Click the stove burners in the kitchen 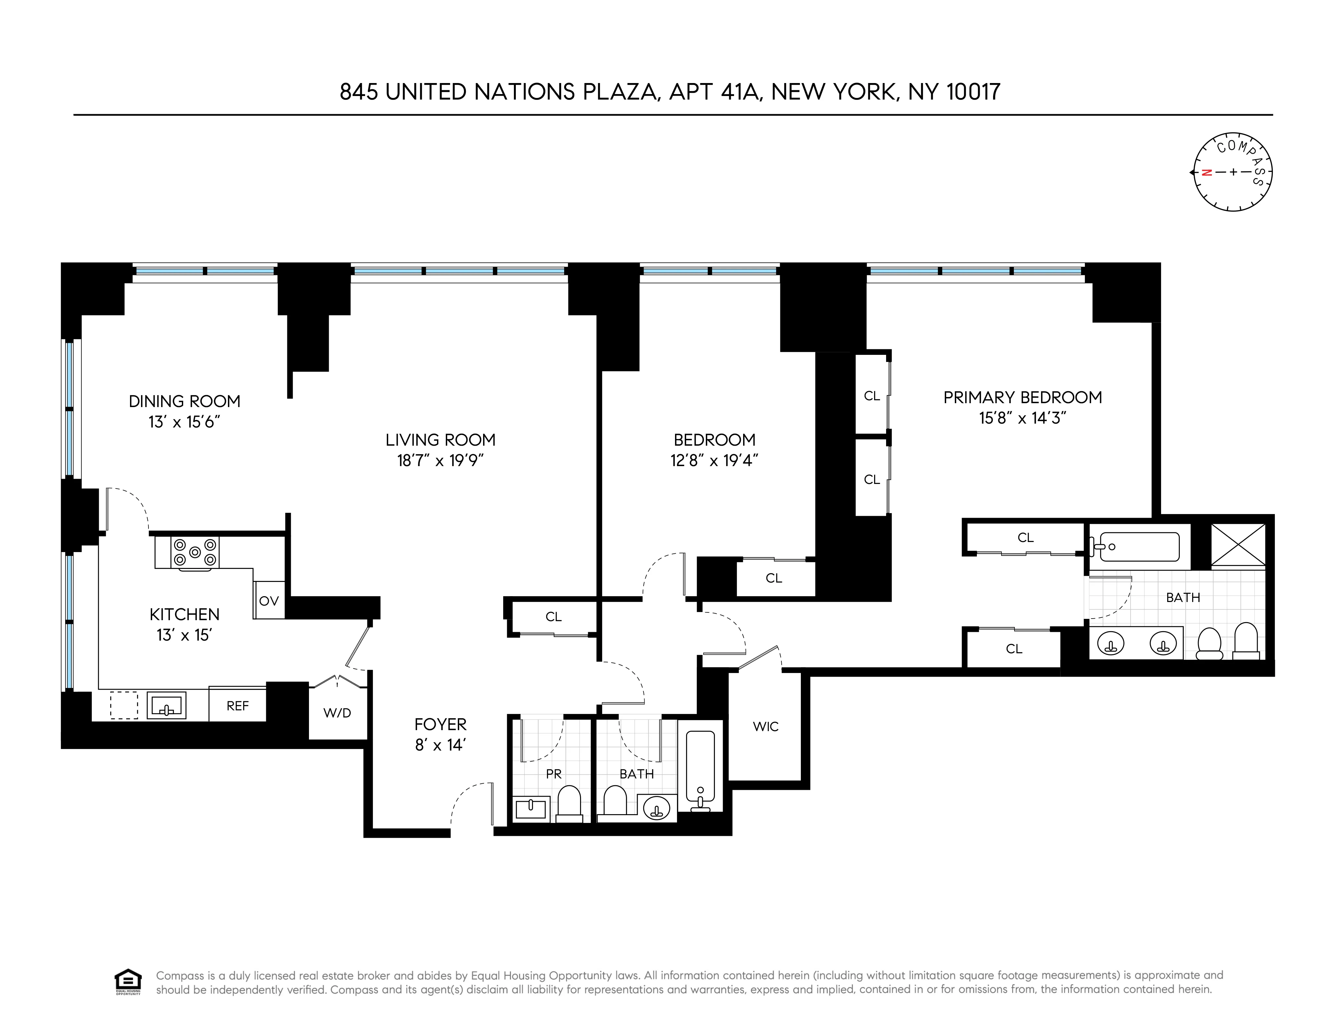[x=195, y=552]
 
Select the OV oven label [x=269, y=601]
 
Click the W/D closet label [x=338, y=713]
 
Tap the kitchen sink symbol [x=166, y=705]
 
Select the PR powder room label [x=553, y=774]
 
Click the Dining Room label [x=184, y=401]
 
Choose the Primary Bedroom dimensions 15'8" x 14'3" [x=1022, y=418]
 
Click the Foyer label [x=441, y=724]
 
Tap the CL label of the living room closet [x=553, y=617]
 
